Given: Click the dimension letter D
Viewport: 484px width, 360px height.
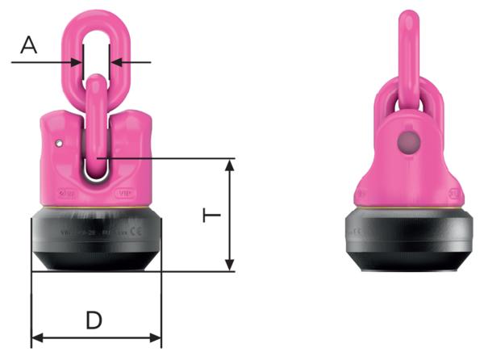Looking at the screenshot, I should click(94, 320).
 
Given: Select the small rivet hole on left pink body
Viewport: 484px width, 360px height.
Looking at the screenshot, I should click(58, 144).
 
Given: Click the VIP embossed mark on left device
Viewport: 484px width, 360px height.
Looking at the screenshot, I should click(126, 194).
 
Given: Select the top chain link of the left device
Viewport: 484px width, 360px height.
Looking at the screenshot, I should click(96, 40).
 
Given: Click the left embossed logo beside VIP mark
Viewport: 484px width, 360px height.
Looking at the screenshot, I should click(68, 194).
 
